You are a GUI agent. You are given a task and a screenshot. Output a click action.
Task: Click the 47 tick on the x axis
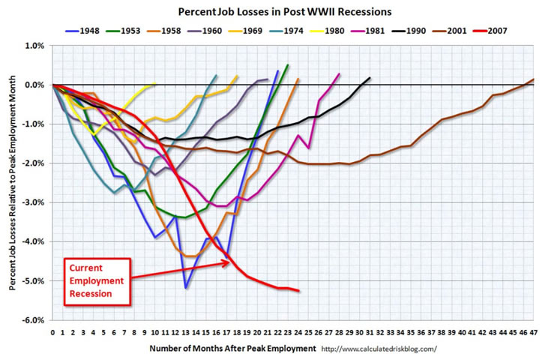click(533, 330)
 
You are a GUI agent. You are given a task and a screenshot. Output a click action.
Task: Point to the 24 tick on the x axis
click(298, 330)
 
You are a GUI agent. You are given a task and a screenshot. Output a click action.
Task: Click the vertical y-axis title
click(11, 182)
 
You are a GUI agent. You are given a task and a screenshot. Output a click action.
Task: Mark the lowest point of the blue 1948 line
click(185, 287)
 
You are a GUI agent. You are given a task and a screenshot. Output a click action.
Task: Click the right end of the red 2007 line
click(299, 290)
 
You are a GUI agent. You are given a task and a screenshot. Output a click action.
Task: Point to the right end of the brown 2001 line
click(534, 79)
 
